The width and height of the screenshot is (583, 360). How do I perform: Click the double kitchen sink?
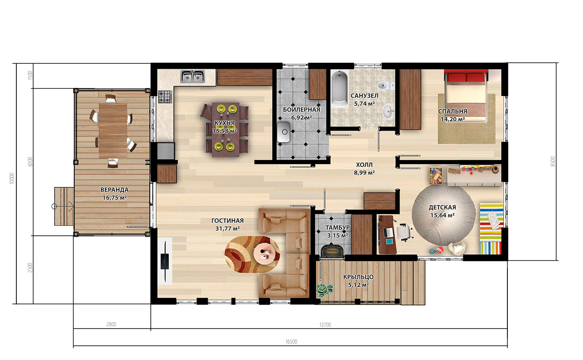click(193, 76)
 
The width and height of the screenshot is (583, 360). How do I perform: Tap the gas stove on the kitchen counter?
click(165, 96)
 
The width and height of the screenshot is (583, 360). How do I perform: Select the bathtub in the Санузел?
click(340, 89)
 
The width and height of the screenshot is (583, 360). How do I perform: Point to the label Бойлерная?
click(302, 110)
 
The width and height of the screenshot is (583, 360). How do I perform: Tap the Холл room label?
click(364, 165)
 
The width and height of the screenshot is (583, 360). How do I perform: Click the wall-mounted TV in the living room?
click(165, 261)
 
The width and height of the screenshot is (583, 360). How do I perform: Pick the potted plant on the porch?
click(325, 290)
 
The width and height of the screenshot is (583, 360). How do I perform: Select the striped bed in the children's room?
click(491, 228)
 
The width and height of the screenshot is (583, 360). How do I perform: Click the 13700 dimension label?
click(325, 325)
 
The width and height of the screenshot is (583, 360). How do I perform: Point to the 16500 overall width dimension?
click(291, 341)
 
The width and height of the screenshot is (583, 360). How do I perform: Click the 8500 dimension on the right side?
click(553, 162)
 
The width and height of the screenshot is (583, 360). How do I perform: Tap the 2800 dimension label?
click(112, 325)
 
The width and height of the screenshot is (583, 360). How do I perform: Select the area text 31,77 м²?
click(227, 228)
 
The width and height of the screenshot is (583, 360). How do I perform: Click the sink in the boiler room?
click(284, 132)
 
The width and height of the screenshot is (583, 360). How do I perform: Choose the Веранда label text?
click(114, 190)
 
